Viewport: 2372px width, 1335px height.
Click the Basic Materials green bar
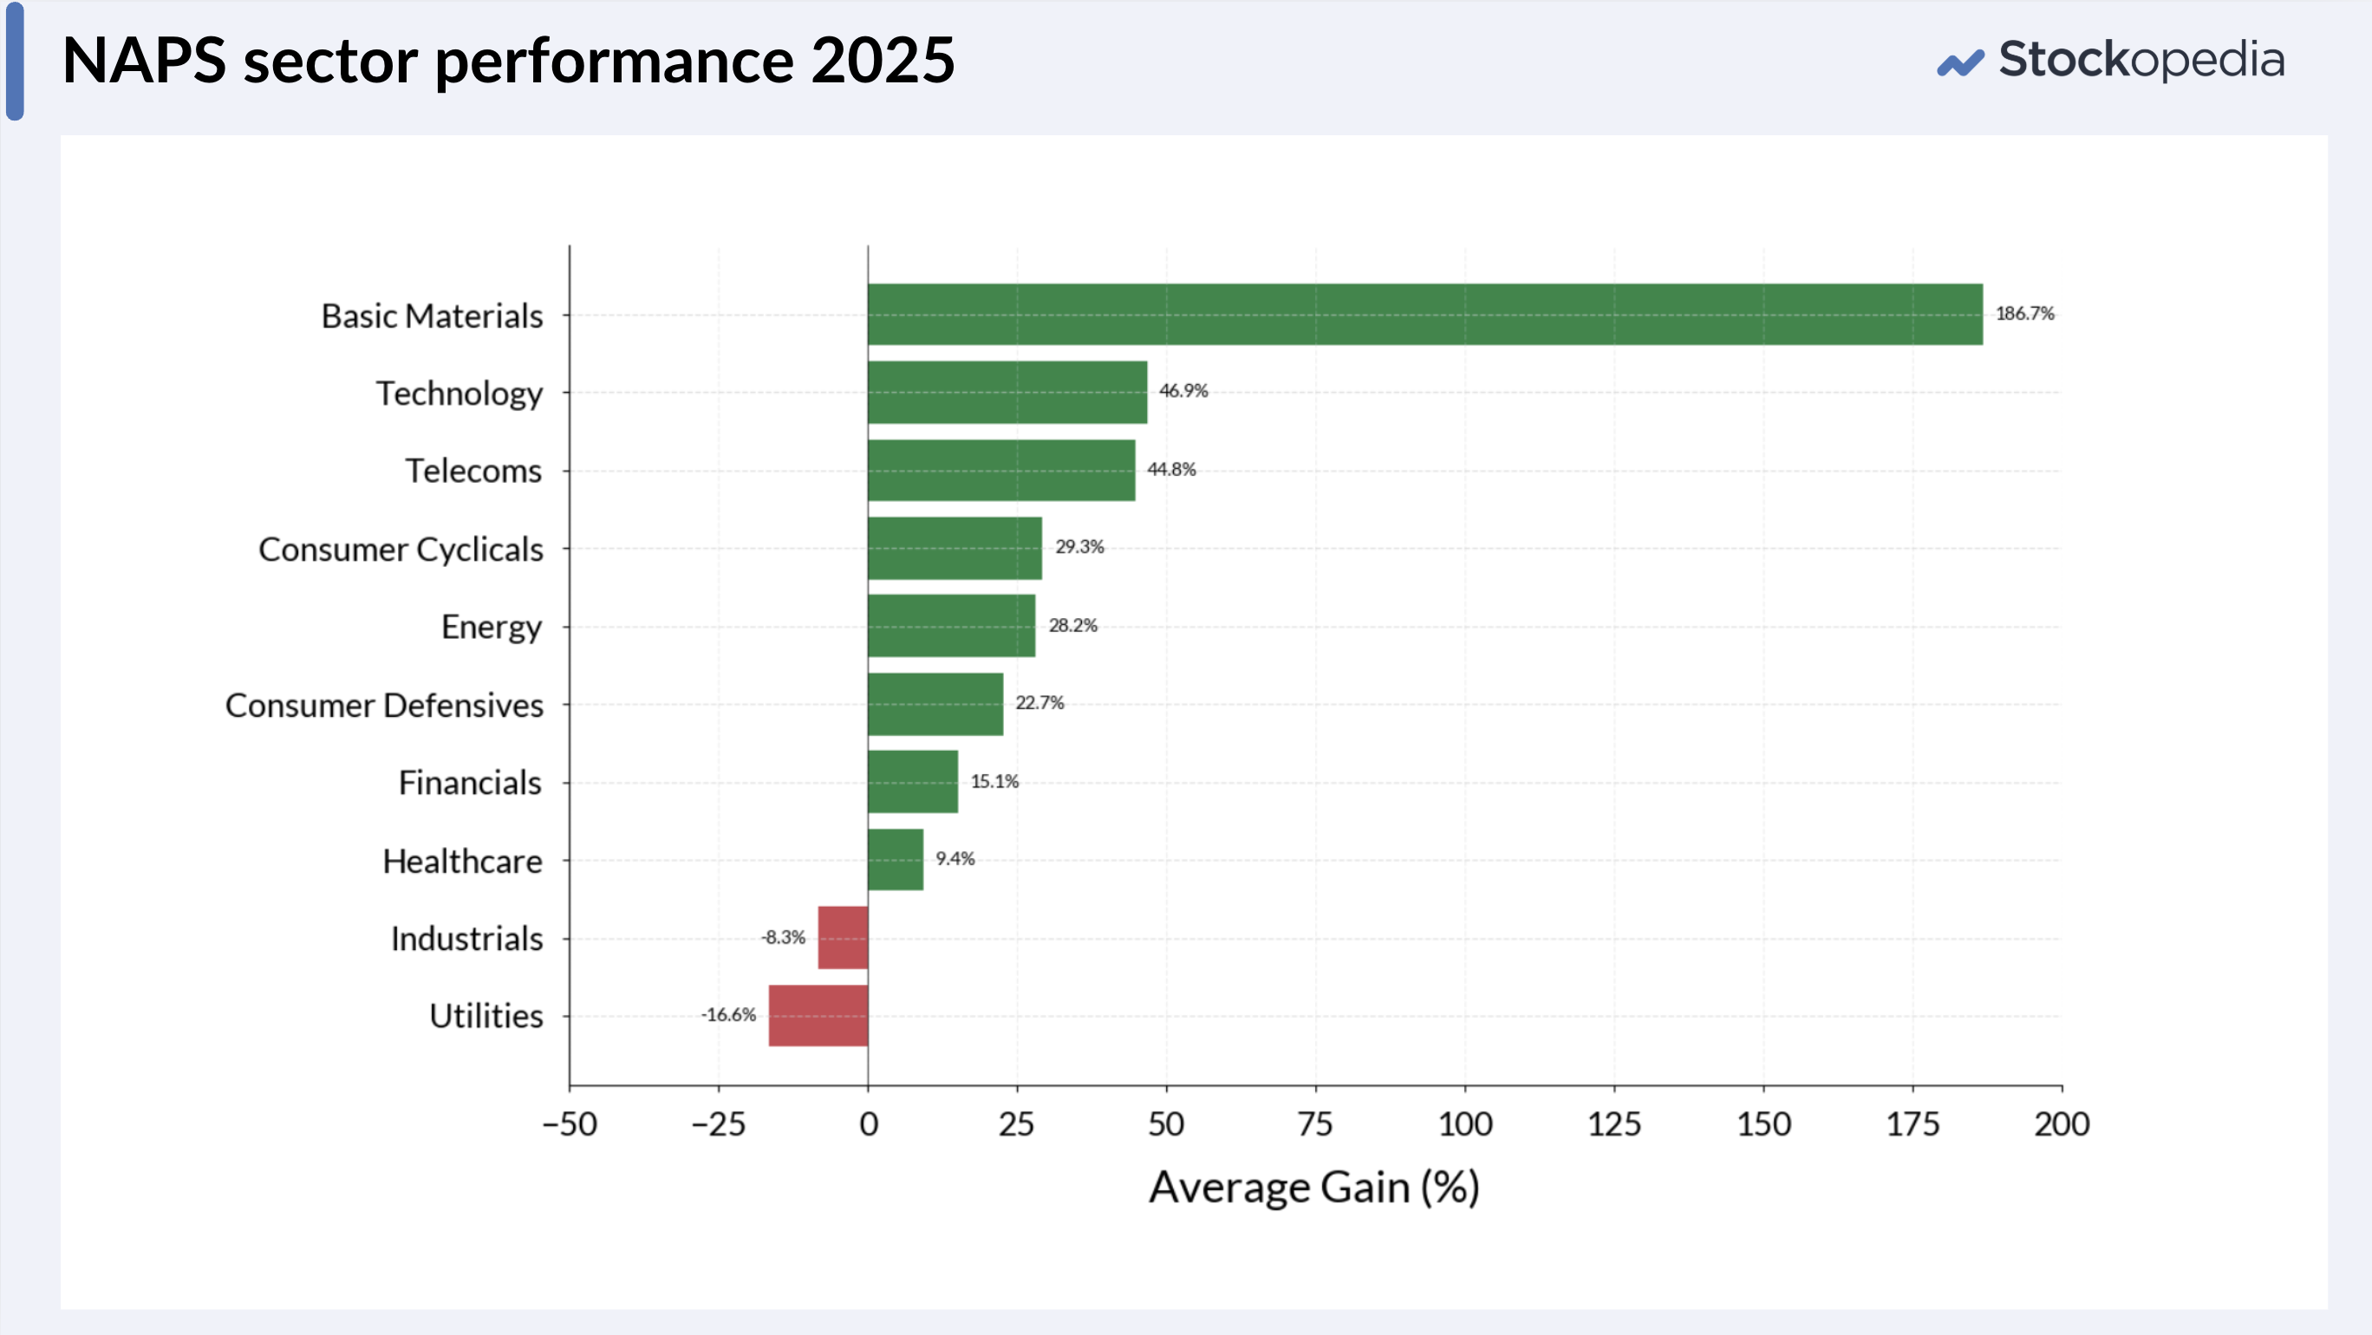(1424, 314)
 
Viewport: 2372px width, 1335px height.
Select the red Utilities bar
(818, 1015)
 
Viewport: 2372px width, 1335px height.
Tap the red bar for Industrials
(843, 937)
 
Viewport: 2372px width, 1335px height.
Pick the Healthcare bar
(895, 860)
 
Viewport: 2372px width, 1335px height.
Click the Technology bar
(1007, 392)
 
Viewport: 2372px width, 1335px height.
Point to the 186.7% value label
(2025, 313)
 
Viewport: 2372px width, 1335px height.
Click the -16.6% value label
(728, 1014)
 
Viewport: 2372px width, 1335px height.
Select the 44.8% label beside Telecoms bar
(1171, 469)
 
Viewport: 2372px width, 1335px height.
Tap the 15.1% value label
(994, 781)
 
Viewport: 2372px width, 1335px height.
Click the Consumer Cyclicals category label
(401, 550)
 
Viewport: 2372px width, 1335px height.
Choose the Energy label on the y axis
(492, 628)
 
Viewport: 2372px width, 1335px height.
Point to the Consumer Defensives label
(384, 706)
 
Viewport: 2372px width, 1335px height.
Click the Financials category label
(470, 783)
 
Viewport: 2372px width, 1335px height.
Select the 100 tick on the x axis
(1465, 1124)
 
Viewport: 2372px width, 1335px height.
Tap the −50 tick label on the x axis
(570, 1124)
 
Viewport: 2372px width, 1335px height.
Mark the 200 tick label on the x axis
(2062, 1124)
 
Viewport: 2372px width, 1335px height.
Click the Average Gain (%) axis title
(1314, 1187)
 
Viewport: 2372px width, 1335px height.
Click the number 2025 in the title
(883, 61)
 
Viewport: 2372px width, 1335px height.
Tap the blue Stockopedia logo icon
(1960, 63)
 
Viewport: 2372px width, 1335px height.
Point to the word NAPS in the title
(145, 61)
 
